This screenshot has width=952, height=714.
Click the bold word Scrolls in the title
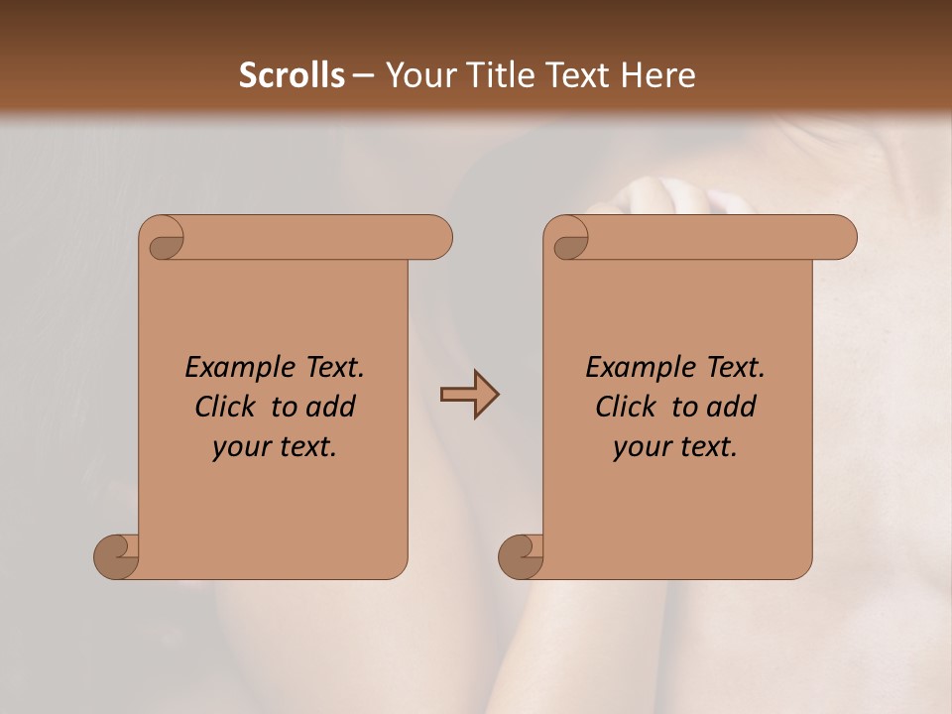pos(292,75)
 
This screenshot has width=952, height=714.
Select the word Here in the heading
pos(658,75)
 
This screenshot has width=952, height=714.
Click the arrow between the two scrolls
pos(469,395)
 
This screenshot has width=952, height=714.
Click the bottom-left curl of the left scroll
pos(117,556)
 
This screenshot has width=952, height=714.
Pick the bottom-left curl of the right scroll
pos(522,556)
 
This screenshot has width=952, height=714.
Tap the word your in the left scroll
pos(239,447)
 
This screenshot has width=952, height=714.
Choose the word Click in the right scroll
pos(628,407)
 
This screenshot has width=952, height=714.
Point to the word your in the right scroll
pos(640,447)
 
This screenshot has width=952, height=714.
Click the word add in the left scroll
pos(330,407)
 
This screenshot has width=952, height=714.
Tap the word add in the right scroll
pos(731,407)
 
